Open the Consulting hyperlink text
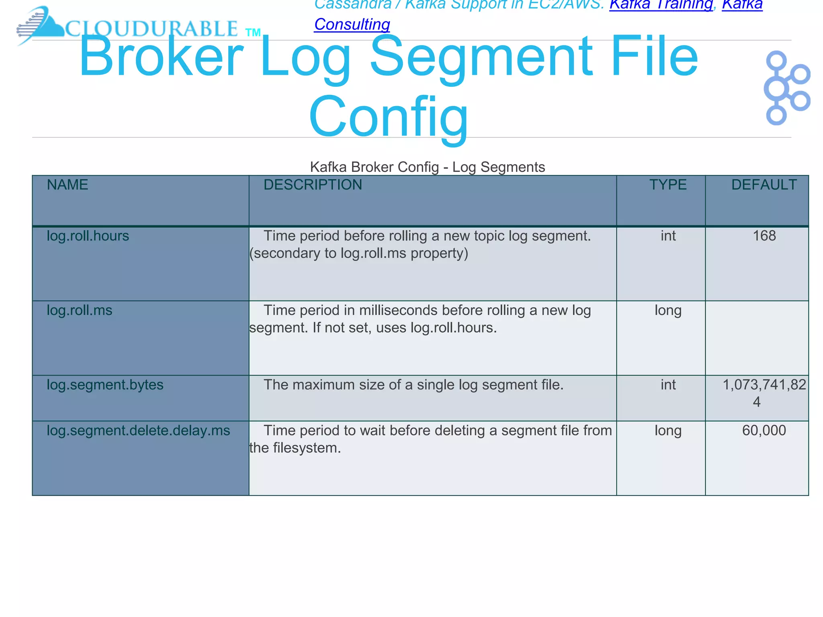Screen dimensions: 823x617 tap(352, 24)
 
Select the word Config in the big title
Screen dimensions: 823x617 tap(388, 117)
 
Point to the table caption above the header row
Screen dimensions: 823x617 tap(427, 167)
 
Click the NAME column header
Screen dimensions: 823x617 tap(68, 185)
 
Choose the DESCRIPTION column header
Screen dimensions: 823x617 tap(313, 185)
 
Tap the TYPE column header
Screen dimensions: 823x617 tap(668, 185)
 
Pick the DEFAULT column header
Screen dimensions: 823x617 tap(764, 185)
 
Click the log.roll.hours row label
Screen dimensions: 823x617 tap(88, 236)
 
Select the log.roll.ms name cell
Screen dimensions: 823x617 tap(80, 311)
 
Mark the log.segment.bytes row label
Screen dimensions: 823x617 tap(105, 385)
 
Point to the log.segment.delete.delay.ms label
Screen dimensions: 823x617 tap(138, 431)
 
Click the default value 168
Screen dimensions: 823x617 tap(764, 236)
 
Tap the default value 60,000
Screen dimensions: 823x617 tap(764, 431)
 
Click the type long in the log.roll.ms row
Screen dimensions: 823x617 tap(668, 311)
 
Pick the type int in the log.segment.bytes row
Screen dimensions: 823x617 tap(668, 385)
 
